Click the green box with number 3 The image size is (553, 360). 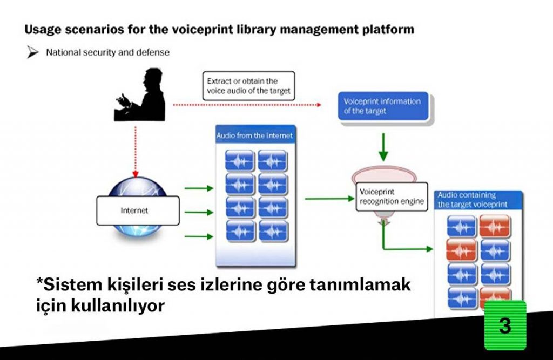tap(505, 325)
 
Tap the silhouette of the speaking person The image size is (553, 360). tap(141, 94)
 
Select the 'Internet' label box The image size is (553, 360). tap(138, 210)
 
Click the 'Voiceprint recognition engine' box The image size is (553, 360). tap(392, 197)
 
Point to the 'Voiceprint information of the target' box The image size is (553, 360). tap(383, 106)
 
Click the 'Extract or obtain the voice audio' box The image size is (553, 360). tap(248, 86)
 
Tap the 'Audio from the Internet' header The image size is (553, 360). tap(255, 135)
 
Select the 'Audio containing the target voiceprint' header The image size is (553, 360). tap(478, 200)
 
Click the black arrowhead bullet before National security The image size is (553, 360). tap(32, 52)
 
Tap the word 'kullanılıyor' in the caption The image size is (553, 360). tap(118, 305)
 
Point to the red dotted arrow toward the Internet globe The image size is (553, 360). tap(135, 152)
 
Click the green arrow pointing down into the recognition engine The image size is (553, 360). tap(383, 147)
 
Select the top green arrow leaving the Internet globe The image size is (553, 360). tap(199, 188)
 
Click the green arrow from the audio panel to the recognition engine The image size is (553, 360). tap(330, 199)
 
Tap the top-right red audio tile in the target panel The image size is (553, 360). tap(495, 226)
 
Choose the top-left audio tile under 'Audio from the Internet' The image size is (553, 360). tap(239, 161)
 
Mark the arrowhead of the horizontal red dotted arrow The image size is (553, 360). tap(319, 105)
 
